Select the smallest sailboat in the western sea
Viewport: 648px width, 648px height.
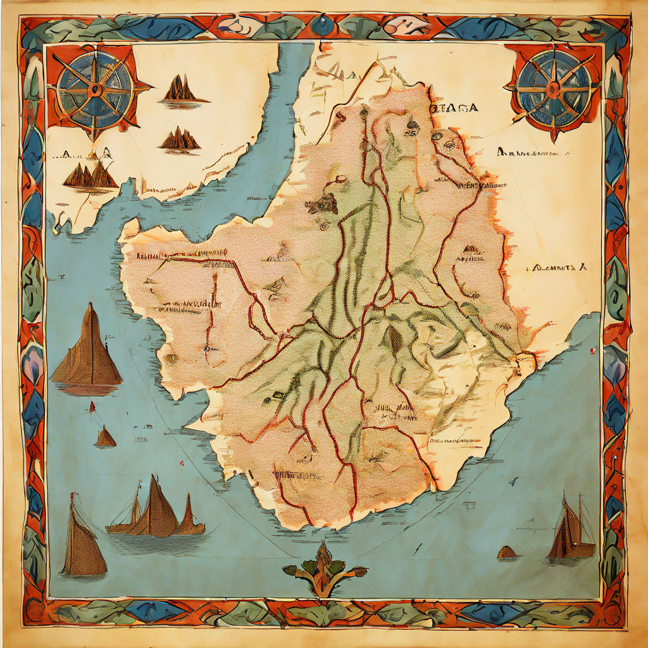click(x=105, y=437)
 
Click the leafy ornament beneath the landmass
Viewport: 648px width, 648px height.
click(x=324, y=568)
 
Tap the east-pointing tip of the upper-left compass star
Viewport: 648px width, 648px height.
click(x=149, y=86)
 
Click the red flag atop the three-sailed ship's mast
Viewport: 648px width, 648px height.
click(x=139, y=485)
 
